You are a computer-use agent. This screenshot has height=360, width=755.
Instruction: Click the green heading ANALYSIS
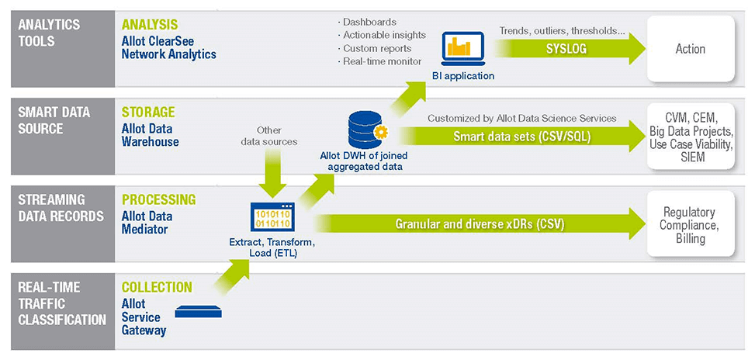pos(150,25)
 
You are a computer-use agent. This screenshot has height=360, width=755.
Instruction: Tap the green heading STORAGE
pos(148,112)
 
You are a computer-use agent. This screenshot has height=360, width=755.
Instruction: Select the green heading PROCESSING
pos(159,200)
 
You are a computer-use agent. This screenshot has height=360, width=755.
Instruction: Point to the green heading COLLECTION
pos(157,287)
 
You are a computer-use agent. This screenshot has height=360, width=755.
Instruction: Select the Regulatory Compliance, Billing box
pos(689,226)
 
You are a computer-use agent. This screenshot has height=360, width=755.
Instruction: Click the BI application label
pos(463,76)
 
